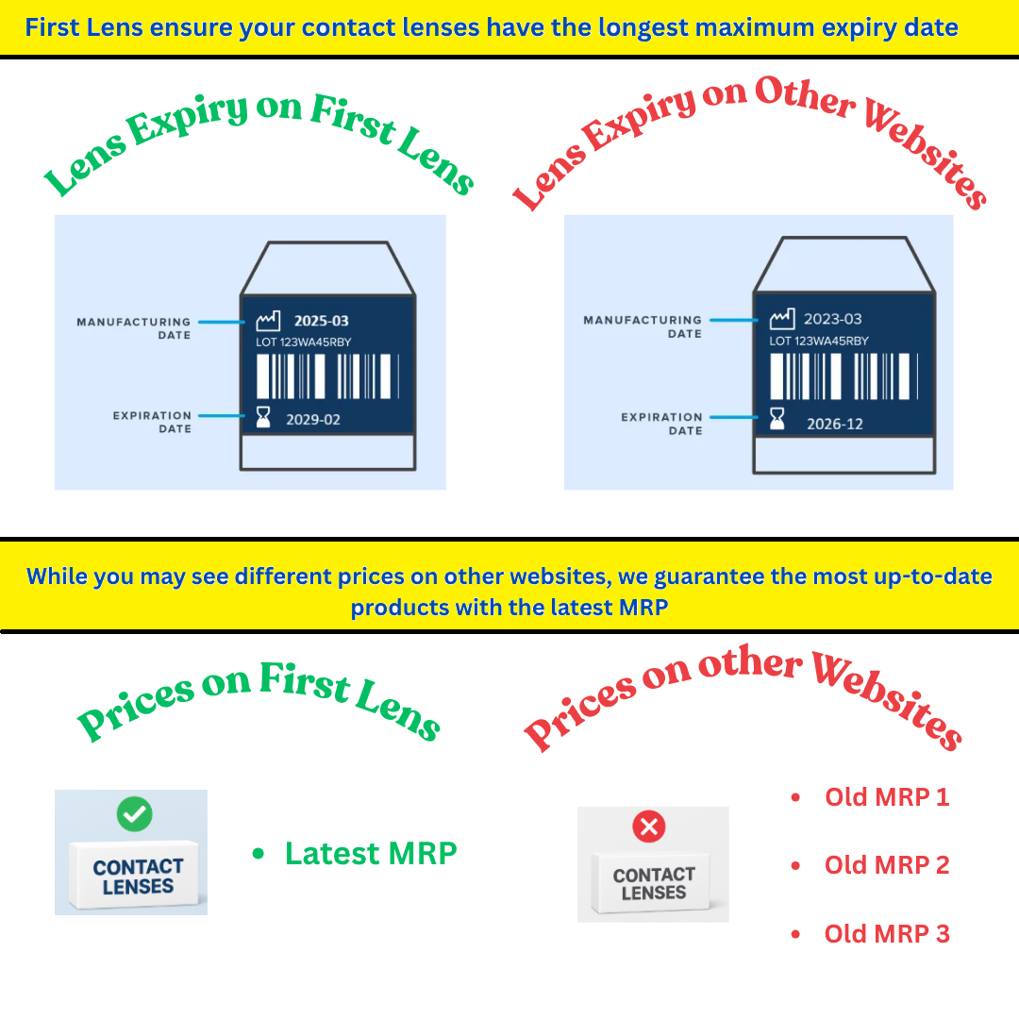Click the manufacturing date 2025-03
click(x=321, y=321)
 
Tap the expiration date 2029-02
click(x=313, y=420)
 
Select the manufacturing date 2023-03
click(x=832, y=319)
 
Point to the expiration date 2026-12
click(x=835, y=424)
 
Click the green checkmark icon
click(x=135, y=813)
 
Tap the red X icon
click(x=648, y=827)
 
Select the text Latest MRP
click(x=371, y=853)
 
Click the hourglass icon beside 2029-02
click(x=263, y=417)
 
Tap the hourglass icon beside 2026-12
click(x=777, y=419)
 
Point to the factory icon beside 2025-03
click(x=268, y=321)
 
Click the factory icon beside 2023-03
click(x=782, y=319)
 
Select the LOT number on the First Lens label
click(x=304, y=342)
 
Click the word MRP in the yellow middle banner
click(x=643, y=607)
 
